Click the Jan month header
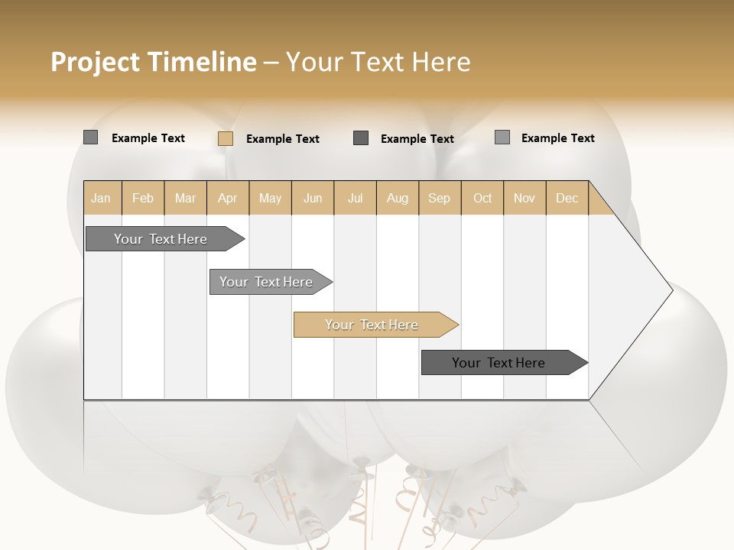[x=102, y=198]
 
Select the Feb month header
[x=143, y=198]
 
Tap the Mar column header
[x=185, y=198]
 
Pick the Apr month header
[x=228, y=198]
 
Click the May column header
[x=270, y=198]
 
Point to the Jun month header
[x=313, y=198]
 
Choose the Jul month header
[x=355, y=198]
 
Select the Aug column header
[x=398, y=198]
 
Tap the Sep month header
[x=440, y=198]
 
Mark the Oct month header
[x=482, y=198]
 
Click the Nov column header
[x=525, y=198]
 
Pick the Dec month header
[x=567, y=198]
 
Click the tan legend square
[x=226, y=138]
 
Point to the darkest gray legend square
[x=361, y=137]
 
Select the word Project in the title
[x=95, y=62]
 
